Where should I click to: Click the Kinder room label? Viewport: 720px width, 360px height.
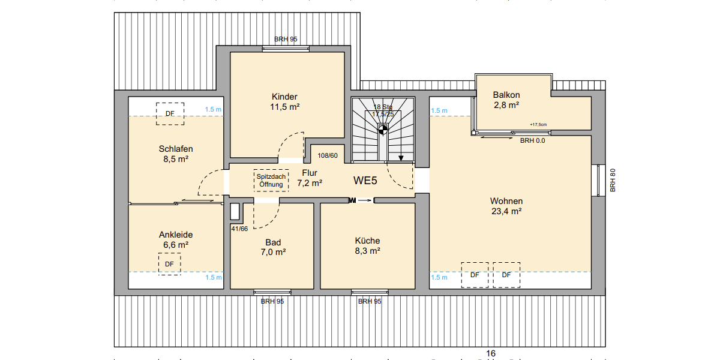click(x=284, y=97)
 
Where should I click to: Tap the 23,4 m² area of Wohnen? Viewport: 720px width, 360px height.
click(x=506, y=211)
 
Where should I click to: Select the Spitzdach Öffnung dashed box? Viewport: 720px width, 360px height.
click(x=271, y=180)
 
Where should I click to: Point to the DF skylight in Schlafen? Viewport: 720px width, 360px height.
click(x=170, y=113)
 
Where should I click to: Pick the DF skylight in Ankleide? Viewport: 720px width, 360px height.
click(x=169, y=263)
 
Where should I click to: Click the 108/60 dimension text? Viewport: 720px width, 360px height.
click(x=328, y=155)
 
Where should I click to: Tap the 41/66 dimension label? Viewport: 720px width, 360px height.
click(x=239, y=229)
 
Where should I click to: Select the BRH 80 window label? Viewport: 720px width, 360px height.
click(x=613, y=180)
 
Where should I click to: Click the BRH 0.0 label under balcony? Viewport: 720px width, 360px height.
click(x=532, y=141)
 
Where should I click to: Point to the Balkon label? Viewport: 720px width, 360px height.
click(x=506, y=95)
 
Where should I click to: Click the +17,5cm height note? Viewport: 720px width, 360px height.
click(x=538, y=125)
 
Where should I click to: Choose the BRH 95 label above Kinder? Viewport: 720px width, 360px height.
click(x=286, y=39)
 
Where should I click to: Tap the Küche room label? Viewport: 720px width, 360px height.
click(x=367, y=241)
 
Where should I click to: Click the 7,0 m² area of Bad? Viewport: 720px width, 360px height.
click(x=273, y=252)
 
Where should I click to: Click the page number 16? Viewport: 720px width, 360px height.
click(x=491, y=353)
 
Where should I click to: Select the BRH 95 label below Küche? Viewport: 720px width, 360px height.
click(x=369, y=301)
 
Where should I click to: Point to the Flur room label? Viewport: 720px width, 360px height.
click(x=310, y=173)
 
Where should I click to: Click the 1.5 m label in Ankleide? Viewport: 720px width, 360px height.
click(x=213, y=277)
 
